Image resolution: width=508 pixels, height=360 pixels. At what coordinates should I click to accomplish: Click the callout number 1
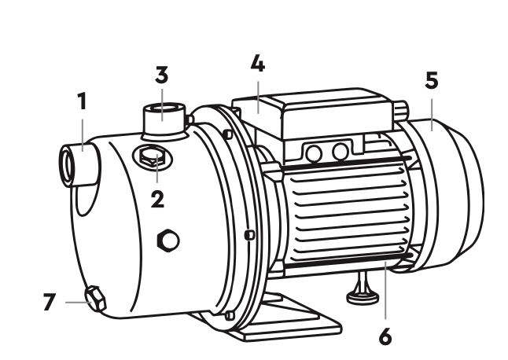click(x=83, y=101)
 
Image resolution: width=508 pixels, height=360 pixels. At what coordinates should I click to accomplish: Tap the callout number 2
click(x=158, y=199)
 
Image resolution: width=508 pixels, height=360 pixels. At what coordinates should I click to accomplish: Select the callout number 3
click(x=162, y=75)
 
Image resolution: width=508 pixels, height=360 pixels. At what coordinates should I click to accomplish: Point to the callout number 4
click(x=258, y=63)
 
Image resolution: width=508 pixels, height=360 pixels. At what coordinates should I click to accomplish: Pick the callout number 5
click(x=432, y=80)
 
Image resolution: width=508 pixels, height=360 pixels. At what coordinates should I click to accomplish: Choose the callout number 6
click(x=385, y=336)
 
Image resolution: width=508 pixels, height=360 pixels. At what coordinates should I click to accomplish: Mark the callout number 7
click(x=50, y=302)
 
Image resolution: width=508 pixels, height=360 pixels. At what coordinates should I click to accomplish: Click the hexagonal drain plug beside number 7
click(x=96, y=299)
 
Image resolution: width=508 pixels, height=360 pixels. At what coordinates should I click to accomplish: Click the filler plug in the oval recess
click(x=153, y=156)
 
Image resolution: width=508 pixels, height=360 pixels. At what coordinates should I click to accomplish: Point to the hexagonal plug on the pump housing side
click(x=168, y=241)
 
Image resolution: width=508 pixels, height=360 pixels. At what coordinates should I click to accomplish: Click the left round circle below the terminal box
click(x=314, y=153)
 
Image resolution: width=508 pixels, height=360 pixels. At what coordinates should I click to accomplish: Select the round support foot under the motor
click(x=363, y=296)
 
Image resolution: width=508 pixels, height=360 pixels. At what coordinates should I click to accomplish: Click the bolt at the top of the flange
click(x=228, y=134)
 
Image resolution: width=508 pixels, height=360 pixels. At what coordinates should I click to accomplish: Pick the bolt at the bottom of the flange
click(x=230, y=315)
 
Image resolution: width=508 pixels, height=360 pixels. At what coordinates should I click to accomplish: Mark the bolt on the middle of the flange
click(x=249, y=235)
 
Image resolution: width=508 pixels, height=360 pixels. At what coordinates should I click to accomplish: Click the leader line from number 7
click(x=78, y=303)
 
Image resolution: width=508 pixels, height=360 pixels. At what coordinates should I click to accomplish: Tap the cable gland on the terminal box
click(x=400, y=109)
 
